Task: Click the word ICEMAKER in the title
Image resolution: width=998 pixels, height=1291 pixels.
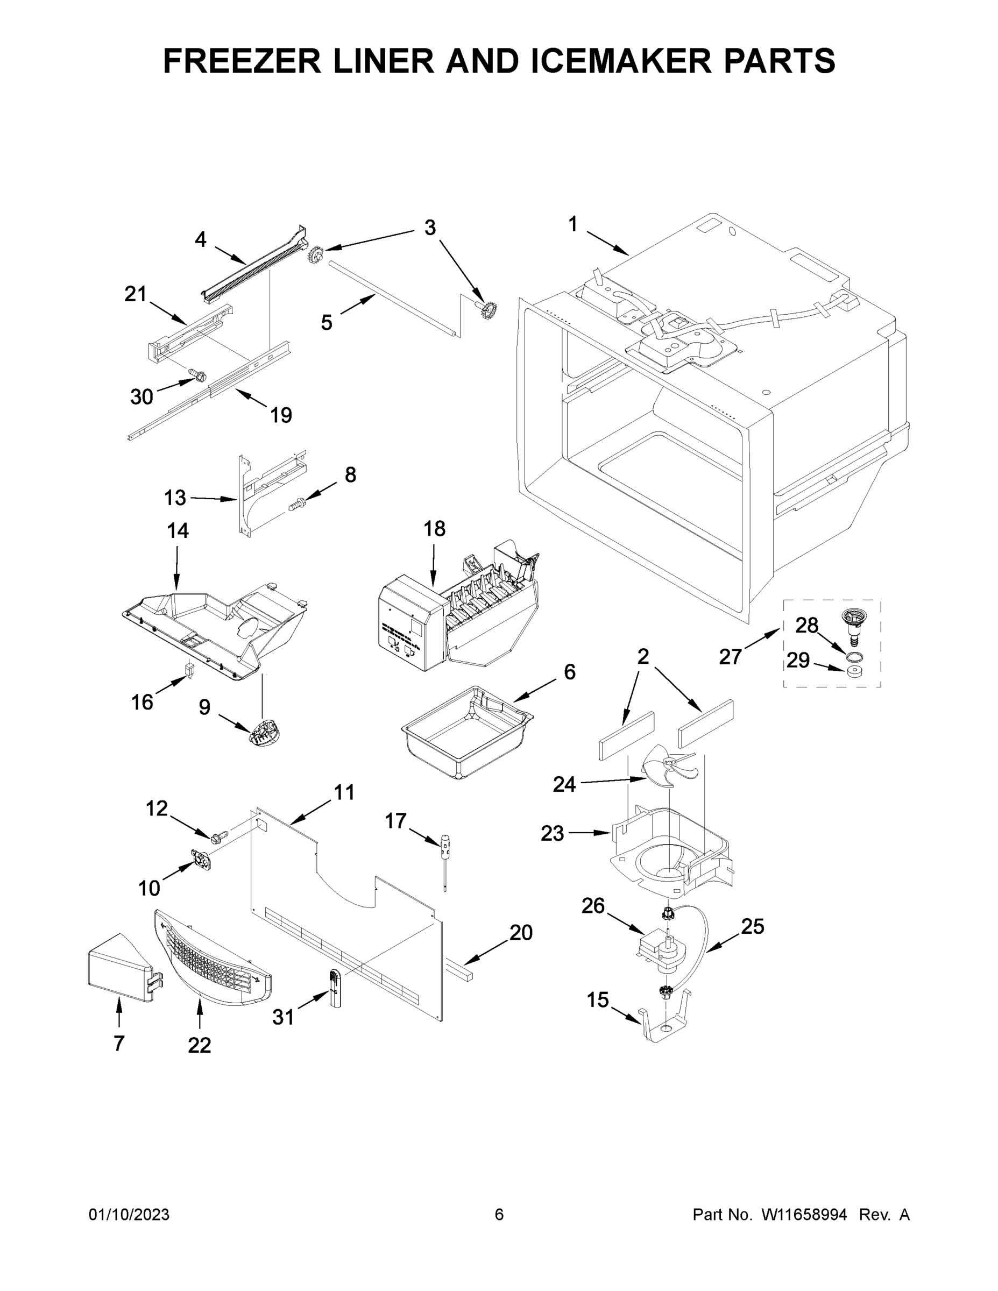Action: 621,60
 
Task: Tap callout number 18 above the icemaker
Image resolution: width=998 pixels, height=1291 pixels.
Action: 434,528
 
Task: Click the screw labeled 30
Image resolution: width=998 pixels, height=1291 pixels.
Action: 198,374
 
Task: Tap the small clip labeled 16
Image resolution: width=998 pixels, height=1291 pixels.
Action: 190,670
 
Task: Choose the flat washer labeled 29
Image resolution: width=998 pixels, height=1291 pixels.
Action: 853,671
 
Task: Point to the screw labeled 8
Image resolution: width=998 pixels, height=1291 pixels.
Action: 296,504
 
